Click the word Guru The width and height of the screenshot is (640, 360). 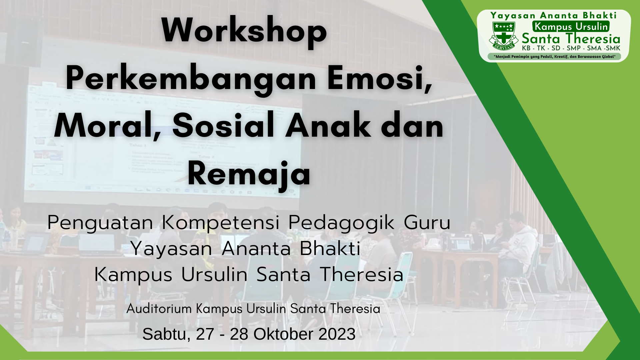tap(427, 223)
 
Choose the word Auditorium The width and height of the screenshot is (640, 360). tap(159, 309)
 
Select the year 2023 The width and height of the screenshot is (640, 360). tap(337, 334)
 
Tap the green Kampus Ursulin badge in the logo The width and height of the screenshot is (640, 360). tap(571, 26)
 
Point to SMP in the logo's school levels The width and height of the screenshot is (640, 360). tap(574, 48)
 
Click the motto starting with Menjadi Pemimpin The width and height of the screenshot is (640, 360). tap(554, 57)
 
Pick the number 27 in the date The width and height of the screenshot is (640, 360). tap(205, 334)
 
